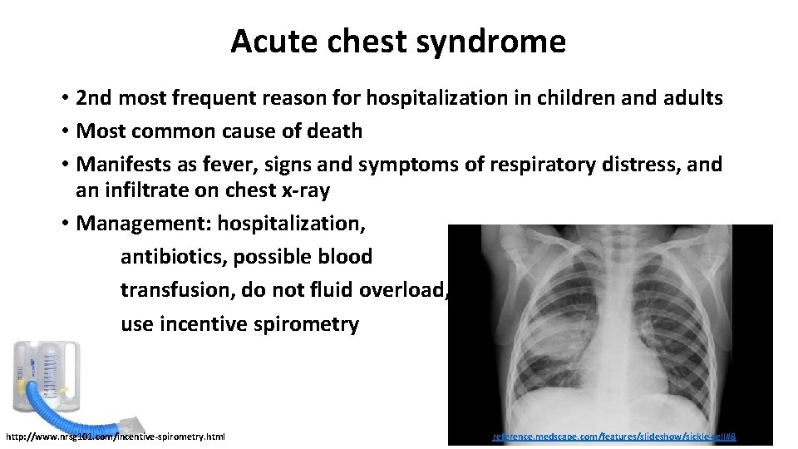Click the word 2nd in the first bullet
94,98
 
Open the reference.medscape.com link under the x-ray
614,436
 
